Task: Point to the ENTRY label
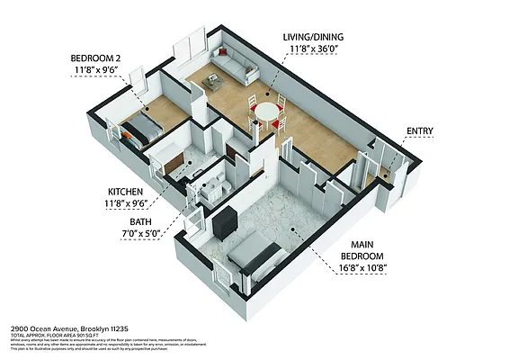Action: (x=419, y=131)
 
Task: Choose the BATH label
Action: (x=140, y=221)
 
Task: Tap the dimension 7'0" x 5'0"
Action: (x=140, y=234)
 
